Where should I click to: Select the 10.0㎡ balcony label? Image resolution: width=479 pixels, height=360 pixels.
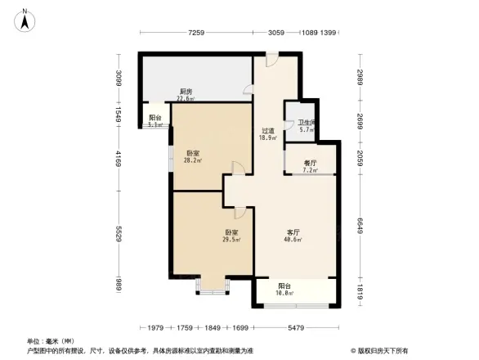click(284, 290)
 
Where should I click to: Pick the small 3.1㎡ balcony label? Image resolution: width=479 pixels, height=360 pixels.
click(155, 125)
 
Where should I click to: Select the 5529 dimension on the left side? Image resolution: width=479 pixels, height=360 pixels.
click(119, 234)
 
